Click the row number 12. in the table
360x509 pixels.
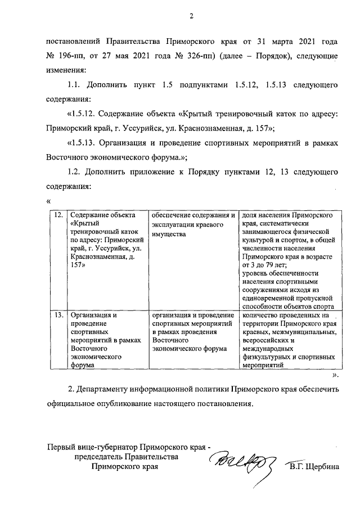57,216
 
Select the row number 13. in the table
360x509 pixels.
57,315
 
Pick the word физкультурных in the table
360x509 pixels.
265,357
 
